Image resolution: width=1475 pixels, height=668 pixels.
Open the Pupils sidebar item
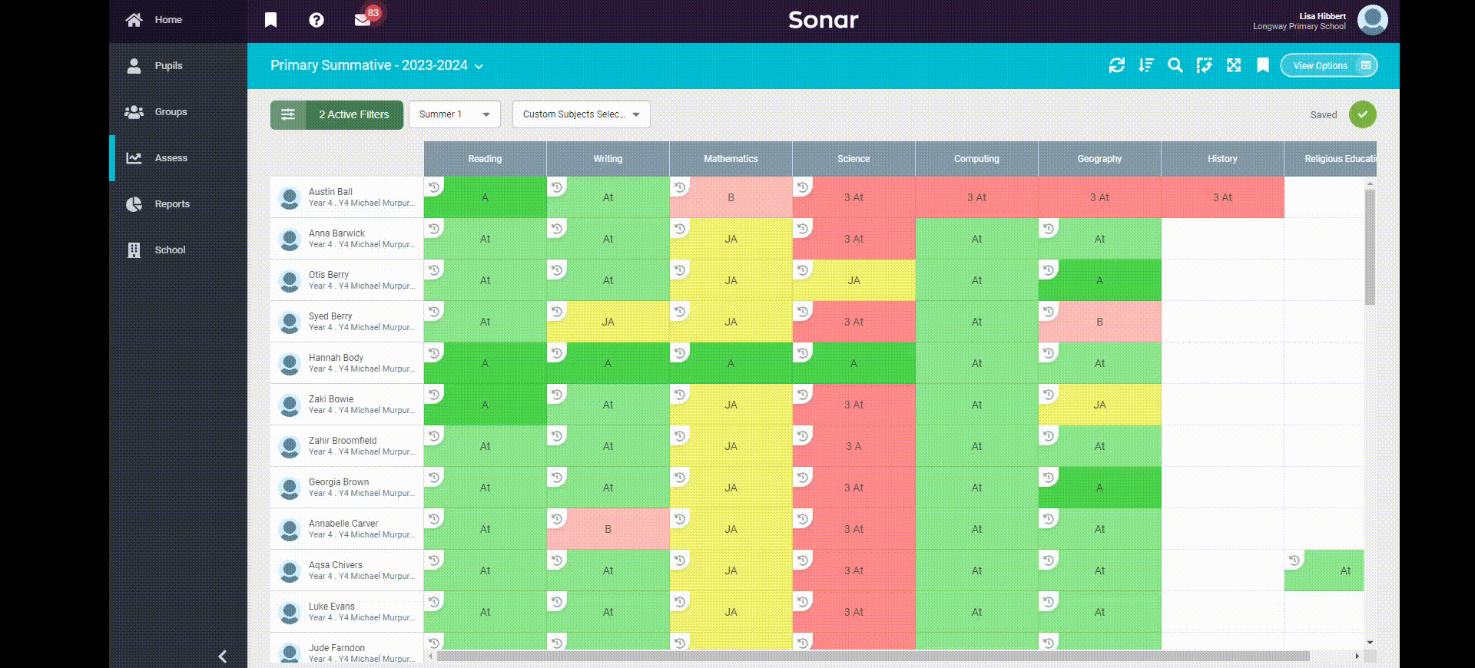[x=167, y=66]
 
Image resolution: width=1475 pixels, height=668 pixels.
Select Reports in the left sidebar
[x=171, y=204]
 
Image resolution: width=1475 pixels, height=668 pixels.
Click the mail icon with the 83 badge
[x=363, y=20]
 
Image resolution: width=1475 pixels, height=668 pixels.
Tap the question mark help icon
[x=317, y=20]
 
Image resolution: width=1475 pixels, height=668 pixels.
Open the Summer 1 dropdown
[x=454, y=114]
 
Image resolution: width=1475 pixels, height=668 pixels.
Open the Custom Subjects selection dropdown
[x=581, y=114]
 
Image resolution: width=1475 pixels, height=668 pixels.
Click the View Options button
[x=1328, y=66]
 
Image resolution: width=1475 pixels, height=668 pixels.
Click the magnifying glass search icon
[x=1175, y=66]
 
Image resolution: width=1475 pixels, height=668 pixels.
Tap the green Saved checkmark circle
[x=1362, y=114]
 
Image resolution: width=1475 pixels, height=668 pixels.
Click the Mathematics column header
[x=731, y=159]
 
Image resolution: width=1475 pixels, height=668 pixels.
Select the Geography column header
[x=1099, y=159]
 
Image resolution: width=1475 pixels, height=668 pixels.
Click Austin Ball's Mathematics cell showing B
[x=731, y=198]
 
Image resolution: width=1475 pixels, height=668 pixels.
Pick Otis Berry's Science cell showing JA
[x=854, y=281]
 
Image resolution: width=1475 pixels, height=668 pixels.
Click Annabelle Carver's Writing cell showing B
[x=608, y=530]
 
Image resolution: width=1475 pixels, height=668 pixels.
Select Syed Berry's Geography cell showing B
[x=1099, y=322]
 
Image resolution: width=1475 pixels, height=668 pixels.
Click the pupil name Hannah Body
[x=336, y=358]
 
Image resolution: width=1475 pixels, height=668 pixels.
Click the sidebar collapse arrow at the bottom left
[x=223, y=656]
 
